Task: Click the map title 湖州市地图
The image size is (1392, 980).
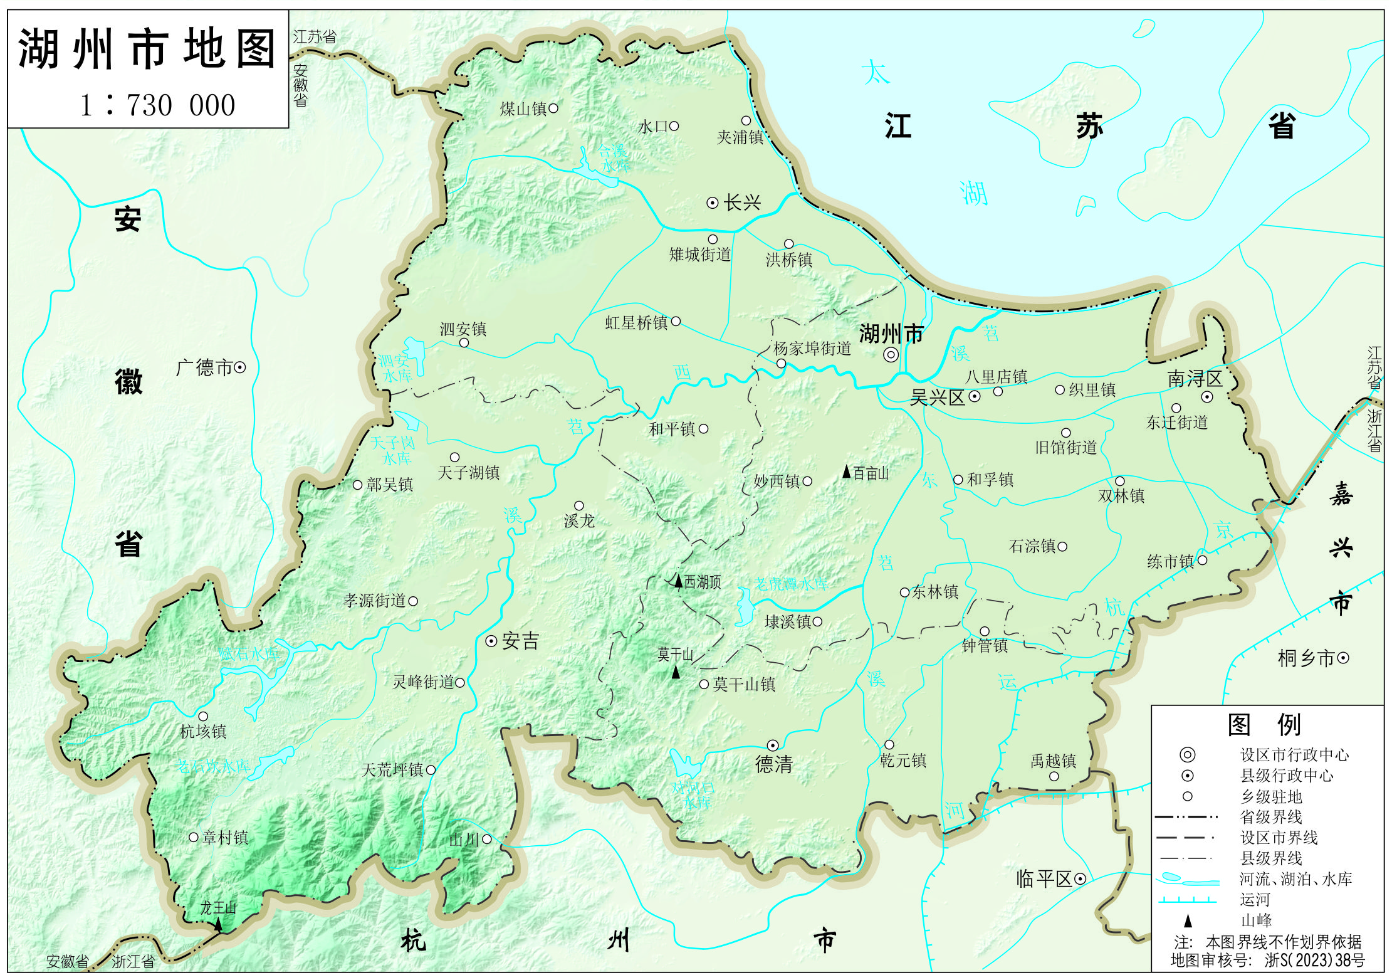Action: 147,49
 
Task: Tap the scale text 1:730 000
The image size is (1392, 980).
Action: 158,105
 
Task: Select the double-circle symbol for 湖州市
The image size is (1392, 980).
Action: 891,355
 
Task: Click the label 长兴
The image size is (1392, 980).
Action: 742,203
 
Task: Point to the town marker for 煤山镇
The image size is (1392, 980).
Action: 553,108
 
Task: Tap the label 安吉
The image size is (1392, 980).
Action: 520,641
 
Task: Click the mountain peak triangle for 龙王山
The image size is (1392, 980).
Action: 218,924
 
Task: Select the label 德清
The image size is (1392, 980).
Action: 774,764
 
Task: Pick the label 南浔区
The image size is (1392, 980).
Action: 1195,379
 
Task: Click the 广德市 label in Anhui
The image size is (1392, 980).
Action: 204,367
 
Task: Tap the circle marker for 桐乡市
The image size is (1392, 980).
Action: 1343,658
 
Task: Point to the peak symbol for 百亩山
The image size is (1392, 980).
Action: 847,472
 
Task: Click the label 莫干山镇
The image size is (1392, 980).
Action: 744,685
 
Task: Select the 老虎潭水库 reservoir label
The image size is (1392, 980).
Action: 791,584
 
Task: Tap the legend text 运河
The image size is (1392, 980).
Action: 1255,900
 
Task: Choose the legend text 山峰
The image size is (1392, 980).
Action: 1256,920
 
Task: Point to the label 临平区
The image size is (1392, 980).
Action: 1044,879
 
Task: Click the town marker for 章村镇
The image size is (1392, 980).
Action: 194,838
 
